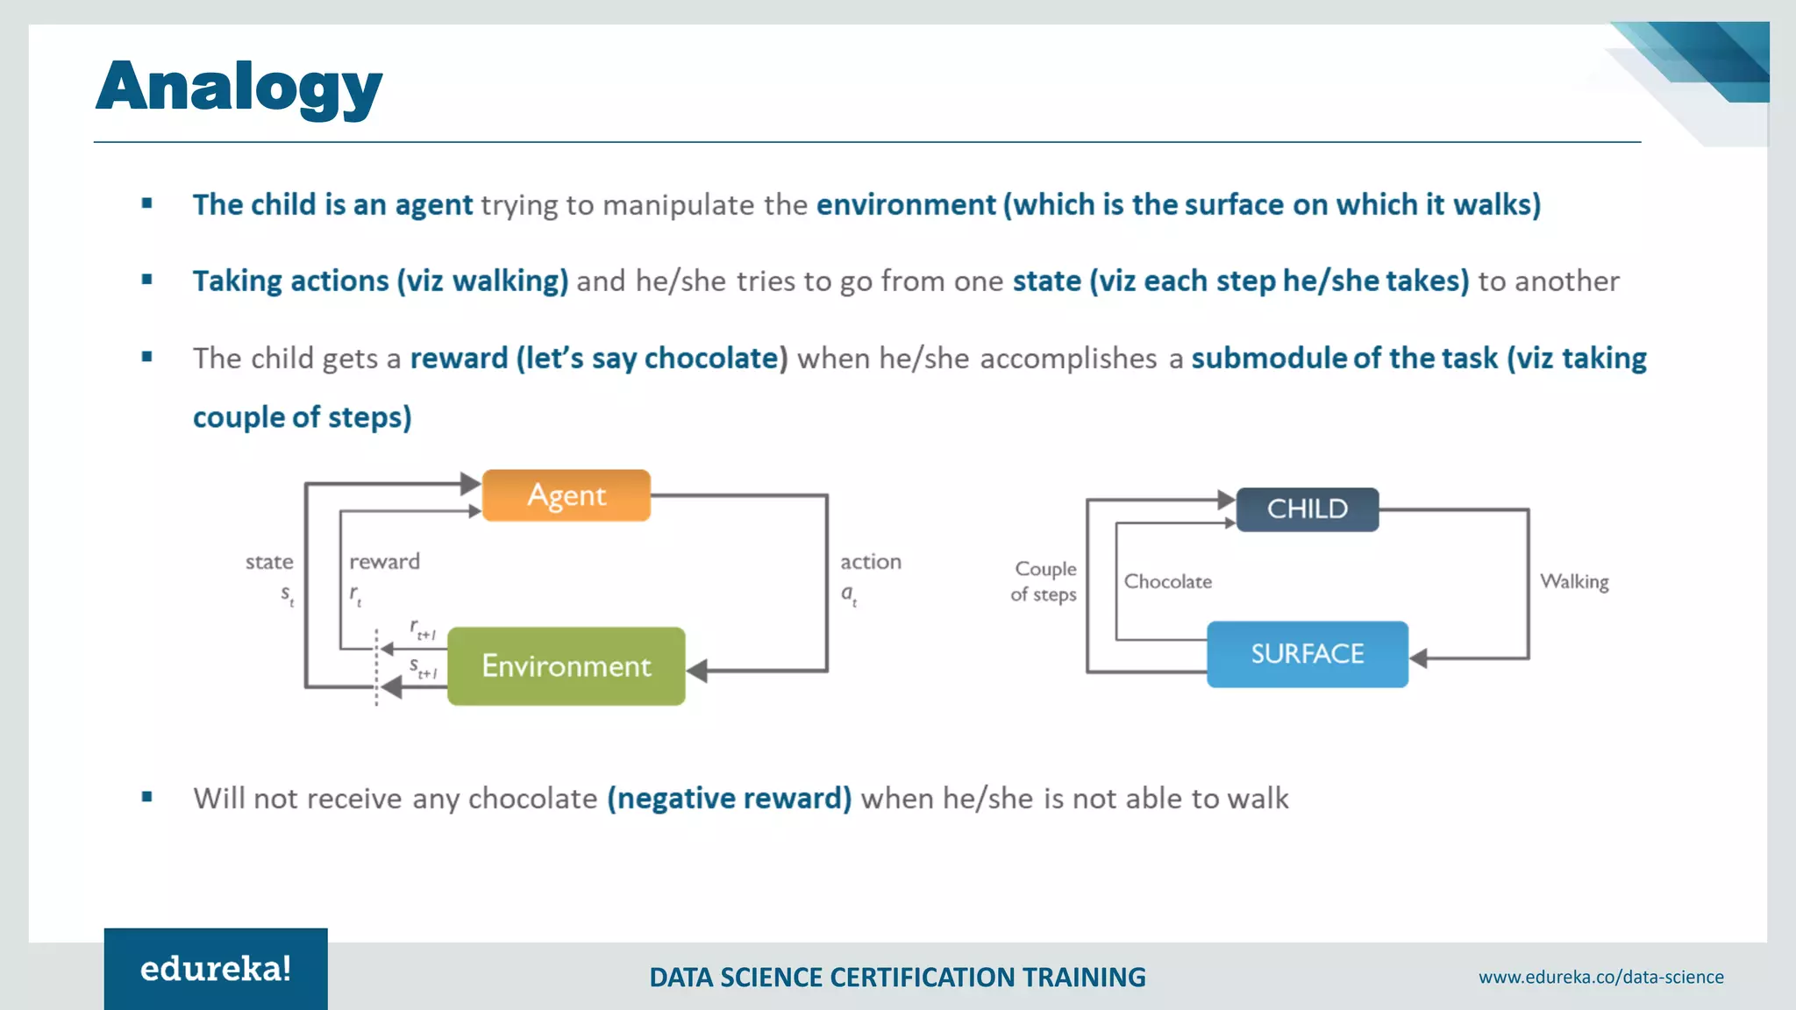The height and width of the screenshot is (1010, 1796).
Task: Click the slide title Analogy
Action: point(239,88)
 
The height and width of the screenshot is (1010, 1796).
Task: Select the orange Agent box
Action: point(567,495)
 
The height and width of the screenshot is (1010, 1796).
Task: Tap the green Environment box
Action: point(567,666)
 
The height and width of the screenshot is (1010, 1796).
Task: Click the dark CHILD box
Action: point(1307,509)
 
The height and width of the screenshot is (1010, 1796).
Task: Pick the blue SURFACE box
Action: point(1307,654)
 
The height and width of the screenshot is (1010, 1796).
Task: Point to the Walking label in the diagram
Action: point(1574,581)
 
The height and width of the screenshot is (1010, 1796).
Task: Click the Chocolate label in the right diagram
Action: point(1168,581)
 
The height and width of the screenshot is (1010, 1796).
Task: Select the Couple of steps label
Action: point(1044,581)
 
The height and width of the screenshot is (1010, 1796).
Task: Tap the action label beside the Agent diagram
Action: point(870,562)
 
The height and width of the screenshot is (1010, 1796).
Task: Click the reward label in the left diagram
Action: point(384,562)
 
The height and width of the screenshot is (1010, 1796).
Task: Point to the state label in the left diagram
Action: point(269,562)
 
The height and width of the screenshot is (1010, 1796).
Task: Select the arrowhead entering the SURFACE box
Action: point(1419,658)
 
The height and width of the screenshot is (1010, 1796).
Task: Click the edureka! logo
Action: point(216,969)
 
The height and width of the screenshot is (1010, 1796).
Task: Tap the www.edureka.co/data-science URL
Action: point(1600,977)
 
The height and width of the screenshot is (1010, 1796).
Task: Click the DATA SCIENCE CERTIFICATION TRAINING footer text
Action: point(897,977)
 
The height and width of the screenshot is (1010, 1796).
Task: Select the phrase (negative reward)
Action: point(729,799)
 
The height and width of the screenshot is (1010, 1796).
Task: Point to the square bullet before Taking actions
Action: point(147,280)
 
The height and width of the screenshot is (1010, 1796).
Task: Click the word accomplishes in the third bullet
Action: point(1068,359)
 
